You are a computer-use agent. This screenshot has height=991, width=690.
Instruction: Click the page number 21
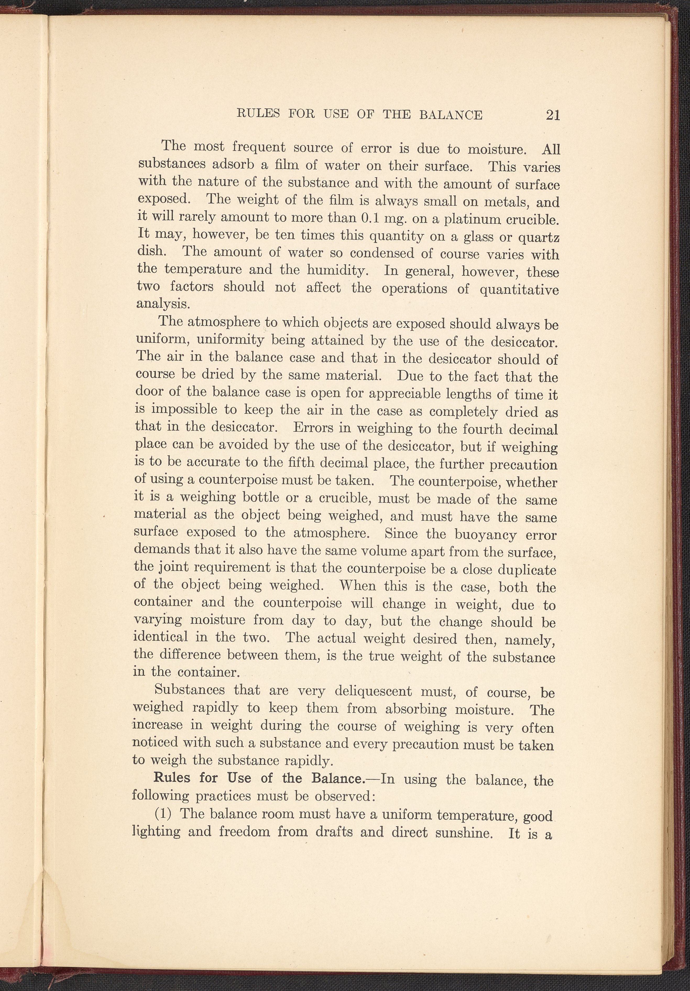point(553,115)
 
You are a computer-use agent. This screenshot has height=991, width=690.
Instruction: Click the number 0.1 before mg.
point(369,218)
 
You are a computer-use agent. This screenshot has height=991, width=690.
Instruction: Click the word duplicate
point(527,570)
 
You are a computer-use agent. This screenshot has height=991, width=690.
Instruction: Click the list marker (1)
point(163,814)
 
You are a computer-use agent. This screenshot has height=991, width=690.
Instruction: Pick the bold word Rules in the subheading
point(172,778)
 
